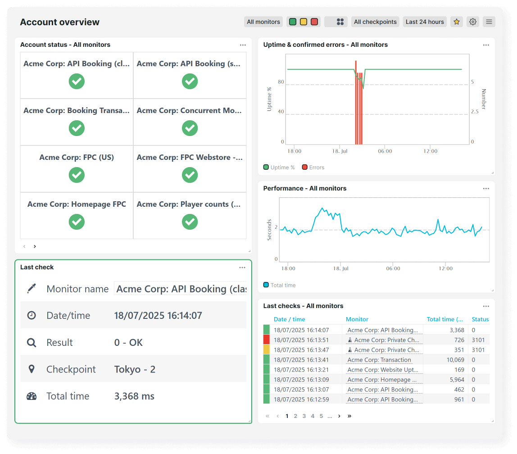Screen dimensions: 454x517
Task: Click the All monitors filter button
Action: [x=263, y=22]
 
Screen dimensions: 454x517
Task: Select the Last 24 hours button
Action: [x=425, y=22]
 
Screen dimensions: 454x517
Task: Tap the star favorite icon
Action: [x=457, y=22]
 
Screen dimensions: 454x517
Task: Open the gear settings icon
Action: [x=472, y=22]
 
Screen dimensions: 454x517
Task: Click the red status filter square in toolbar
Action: [x=314, y=22]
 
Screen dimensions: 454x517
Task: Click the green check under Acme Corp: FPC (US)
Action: [x=77, y=175]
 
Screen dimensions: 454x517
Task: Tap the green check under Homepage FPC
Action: [x=77, y=222]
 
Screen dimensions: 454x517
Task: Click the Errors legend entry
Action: [x=313, y=168]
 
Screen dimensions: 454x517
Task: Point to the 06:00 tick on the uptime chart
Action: [x=385, y=151]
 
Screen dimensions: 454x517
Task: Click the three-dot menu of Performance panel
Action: [x=486, y=189]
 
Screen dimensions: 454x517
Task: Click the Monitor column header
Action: [x=357, y=319]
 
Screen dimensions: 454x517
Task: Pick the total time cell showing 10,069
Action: [x=455, y=360]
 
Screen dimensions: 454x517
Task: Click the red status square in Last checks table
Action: [x=266, y=340]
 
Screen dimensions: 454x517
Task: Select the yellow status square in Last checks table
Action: [x=266, y=350]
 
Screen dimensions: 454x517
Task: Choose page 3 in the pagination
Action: [x=304, y=416]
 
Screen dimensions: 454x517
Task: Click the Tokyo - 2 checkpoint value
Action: [x=135, y=369]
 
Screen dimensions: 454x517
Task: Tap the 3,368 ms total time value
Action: [x=134, y=396]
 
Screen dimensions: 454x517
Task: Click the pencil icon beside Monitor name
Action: [x=32, y=289]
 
